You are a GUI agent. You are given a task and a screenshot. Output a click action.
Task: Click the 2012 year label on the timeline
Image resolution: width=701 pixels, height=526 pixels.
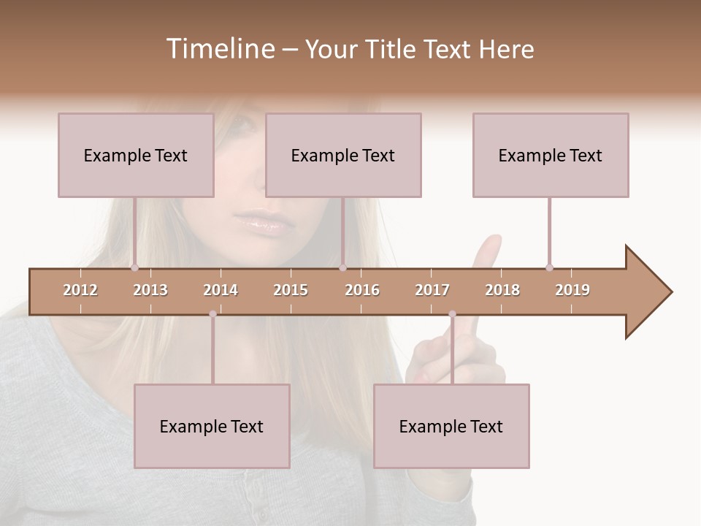(80, 290)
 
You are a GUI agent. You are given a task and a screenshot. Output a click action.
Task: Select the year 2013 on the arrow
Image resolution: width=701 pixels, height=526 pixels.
(150, 290)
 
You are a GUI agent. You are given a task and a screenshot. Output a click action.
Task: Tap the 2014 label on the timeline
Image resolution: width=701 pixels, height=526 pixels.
(221, 290)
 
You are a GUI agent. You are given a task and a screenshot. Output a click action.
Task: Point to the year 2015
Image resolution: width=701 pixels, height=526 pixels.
(291, 290)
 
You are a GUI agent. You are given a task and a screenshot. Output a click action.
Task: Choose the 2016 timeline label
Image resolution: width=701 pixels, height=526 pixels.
(362, 290)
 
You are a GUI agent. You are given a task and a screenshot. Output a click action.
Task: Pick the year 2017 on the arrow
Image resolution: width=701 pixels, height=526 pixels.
(432, 290)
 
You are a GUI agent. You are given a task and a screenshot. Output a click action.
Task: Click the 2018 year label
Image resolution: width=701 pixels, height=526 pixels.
(502, 290)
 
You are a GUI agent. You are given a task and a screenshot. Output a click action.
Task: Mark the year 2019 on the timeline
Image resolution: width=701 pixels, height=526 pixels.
(572, 290)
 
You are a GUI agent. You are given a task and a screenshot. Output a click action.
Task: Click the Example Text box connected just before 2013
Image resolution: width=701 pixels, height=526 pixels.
(136, 155)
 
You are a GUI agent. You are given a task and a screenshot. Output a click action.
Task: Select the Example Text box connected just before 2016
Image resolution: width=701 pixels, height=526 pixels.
(343, 155)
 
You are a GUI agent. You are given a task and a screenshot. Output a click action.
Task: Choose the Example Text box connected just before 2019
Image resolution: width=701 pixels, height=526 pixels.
(551, 155)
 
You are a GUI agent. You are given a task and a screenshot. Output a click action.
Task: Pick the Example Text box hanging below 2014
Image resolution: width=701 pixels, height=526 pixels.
(212, 426)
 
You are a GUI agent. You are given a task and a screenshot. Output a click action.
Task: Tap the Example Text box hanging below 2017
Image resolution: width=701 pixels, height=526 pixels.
(451, 426)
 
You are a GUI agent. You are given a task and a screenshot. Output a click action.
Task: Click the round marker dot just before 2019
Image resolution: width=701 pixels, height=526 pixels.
(549, 267)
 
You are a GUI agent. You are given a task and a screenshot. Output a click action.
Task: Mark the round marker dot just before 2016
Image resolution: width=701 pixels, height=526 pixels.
(342, 267)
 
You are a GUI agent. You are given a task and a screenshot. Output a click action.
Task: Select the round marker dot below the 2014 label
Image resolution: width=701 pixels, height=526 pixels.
(212, 314)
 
